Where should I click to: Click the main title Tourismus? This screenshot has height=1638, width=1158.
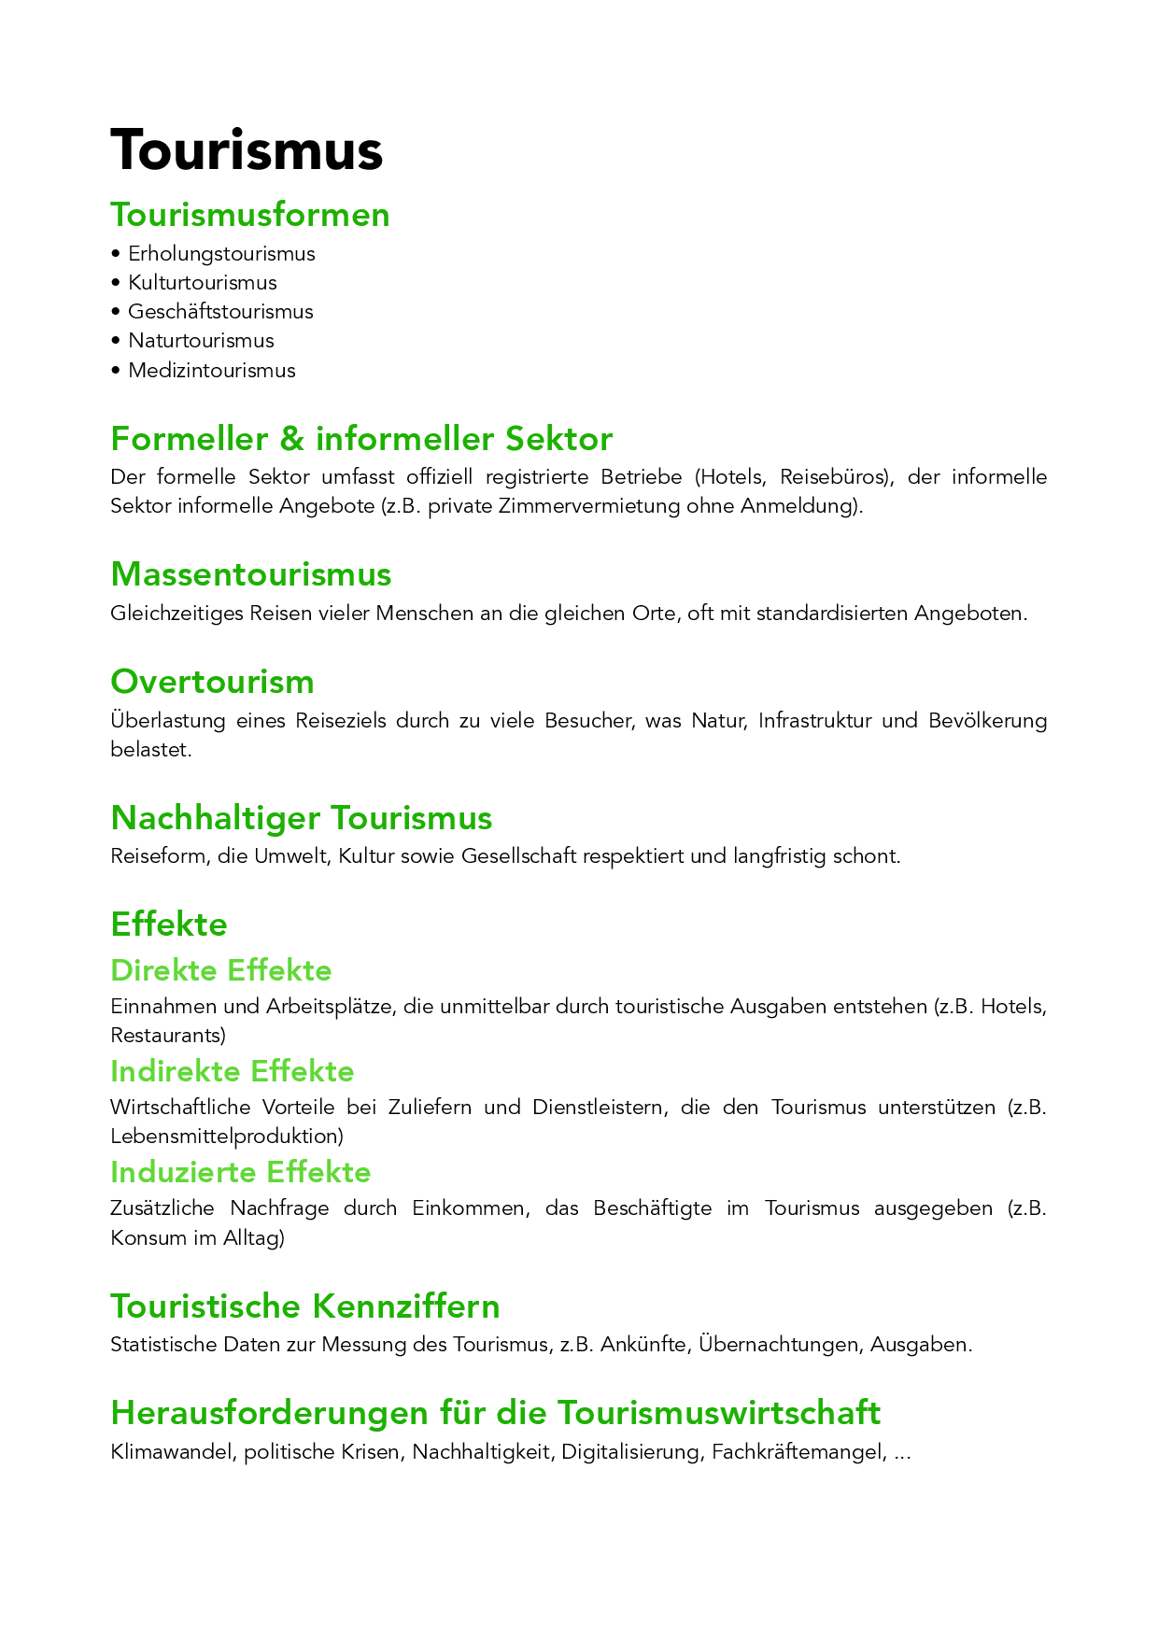(247, 150)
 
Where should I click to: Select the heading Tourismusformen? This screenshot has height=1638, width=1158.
(250, 215)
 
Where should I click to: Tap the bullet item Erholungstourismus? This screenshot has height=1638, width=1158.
(221, 254)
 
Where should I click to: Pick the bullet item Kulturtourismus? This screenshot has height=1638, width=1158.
(203, 283)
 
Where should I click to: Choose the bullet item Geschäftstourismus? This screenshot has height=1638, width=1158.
(220, 312)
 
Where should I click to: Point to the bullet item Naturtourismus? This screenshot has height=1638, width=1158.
(201, 341)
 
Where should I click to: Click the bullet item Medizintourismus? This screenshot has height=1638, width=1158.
(212, 371)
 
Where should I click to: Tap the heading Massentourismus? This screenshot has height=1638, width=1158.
(251, 574)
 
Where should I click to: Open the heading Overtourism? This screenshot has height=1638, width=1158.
(213, 682)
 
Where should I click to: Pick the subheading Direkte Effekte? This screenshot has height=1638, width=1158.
(221, 971)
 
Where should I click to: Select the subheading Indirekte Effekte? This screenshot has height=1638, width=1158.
(233, 1071)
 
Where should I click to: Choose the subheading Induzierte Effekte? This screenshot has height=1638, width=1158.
(241, 1172)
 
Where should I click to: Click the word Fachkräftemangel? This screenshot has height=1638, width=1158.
(796, 1452)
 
